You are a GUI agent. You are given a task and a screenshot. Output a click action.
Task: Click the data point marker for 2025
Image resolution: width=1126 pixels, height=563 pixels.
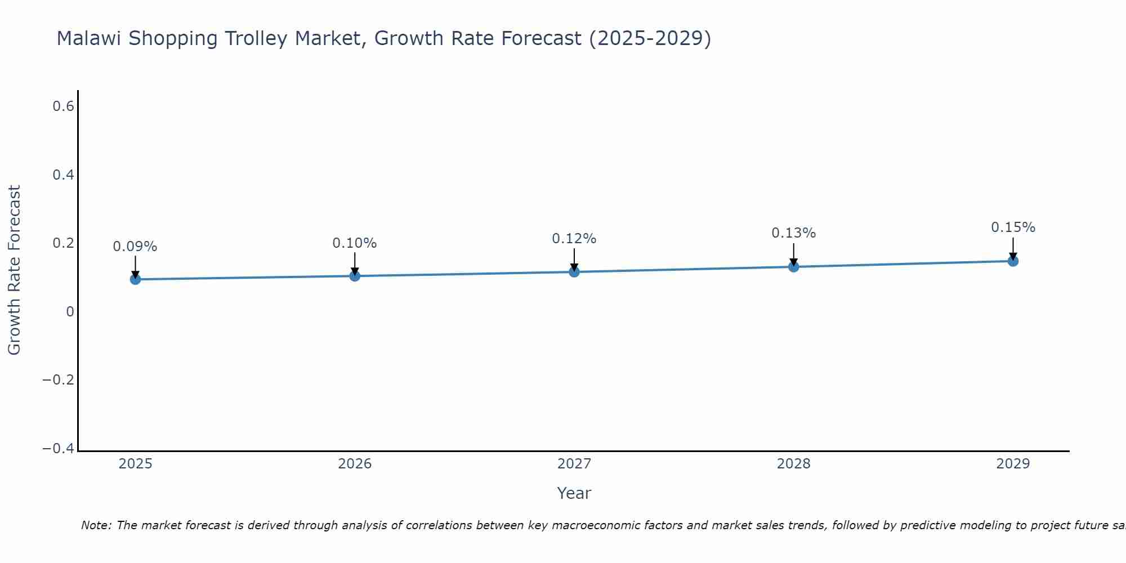click(135, 279)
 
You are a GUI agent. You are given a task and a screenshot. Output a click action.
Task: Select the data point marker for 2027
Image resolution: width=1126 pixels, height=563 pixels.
click(574, 272)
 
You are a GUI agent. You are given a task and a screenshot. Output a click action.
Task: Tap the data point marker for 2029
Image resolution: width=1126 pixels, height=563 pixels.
click(1013, 261)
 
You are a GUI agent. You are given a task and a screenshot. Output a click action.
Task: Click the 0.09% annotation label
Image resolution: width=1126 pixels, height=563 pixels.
click(135, 247)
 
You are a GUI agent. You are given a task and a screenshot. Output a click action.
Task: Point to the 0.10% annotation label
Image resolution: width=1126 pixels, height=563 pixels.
click(354, 243)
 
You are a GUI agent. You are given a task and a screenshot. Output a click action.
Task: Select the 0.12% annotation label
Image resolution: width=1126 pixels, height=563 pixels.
click(574, 239)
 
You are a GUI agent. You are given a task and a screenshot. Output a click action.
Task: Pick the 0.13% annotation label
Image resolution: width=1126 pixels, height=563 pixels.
click(793, 233)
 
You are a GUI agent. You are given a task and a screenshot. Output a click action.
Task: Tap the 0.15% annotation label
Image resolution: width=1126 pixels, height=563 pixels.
click(1013, 227)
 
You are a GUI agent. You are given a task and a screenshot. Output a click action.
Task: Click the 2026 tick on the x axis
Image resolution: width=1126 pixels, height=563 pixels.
click(355, 464)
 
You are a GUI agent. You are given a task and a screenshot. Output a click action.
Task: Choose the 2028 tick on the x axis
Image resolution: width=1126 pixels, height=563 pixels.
click(793, 464)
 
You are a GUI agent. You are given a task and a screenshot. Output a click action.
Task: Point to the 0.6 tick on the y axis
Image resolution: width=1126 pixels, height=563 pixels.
click(64, 106)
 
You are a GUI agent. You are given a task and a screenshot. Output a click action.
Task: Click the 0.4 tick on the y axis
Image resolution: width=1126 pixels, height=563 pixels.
click(64, 175)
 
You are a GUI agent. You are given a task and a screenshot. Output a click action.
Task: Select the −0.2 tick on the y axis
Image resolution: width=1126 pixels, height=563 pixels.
click(58, 380)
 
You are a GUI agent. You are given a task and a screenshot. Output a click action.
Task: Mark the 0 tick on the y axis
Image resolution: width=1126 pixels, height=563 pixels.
click(70, 312)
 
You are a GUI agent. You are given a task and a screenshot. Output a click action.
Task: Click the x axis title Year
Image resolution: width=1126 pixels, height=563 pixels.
click(574, 493)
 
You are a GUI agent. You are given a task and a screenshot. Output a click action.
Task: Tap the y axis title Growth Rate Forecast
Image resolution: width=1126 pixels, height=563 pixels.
click(14, 270)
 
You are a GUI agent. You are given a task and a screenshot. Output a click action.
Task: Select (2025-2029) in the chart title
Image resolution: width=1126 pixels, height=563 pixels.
click(650, 39)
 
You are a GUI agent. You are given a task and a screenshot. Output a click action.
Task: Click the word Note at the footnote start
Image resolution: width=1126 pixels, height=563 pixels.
click(96, 525)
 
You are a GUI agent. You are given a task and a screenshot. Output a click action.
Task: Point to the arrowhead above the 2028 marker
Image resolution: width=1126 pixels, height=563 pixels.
click(793, 262)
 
